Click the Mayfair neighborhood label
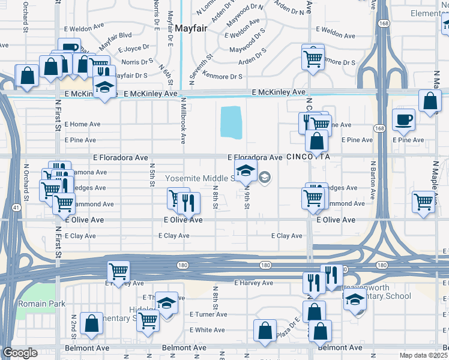click(x=192, y=27)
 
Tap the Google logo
click(x=20, y=353)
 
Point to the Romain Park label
click(x=41, y=304)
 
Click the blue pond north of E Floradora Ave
click(x=231, y=122)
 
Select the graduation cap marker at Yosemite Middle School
click(x=246, y=171)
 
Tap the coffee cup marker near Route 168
click(x=403, y=119)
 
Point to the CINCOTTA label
click(x=309, y=157)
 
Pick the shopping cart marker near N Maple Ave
click(x=424, y=202)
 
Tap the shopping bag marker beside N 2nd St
click(x=91, y=323)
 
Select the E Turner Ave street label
click(x=208, y=314)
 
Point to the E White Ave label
click(x=208, y=330)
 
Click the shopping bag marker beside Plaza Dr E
click(x=265, y=329)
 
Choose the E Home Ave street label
click(x=83, y=124)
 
